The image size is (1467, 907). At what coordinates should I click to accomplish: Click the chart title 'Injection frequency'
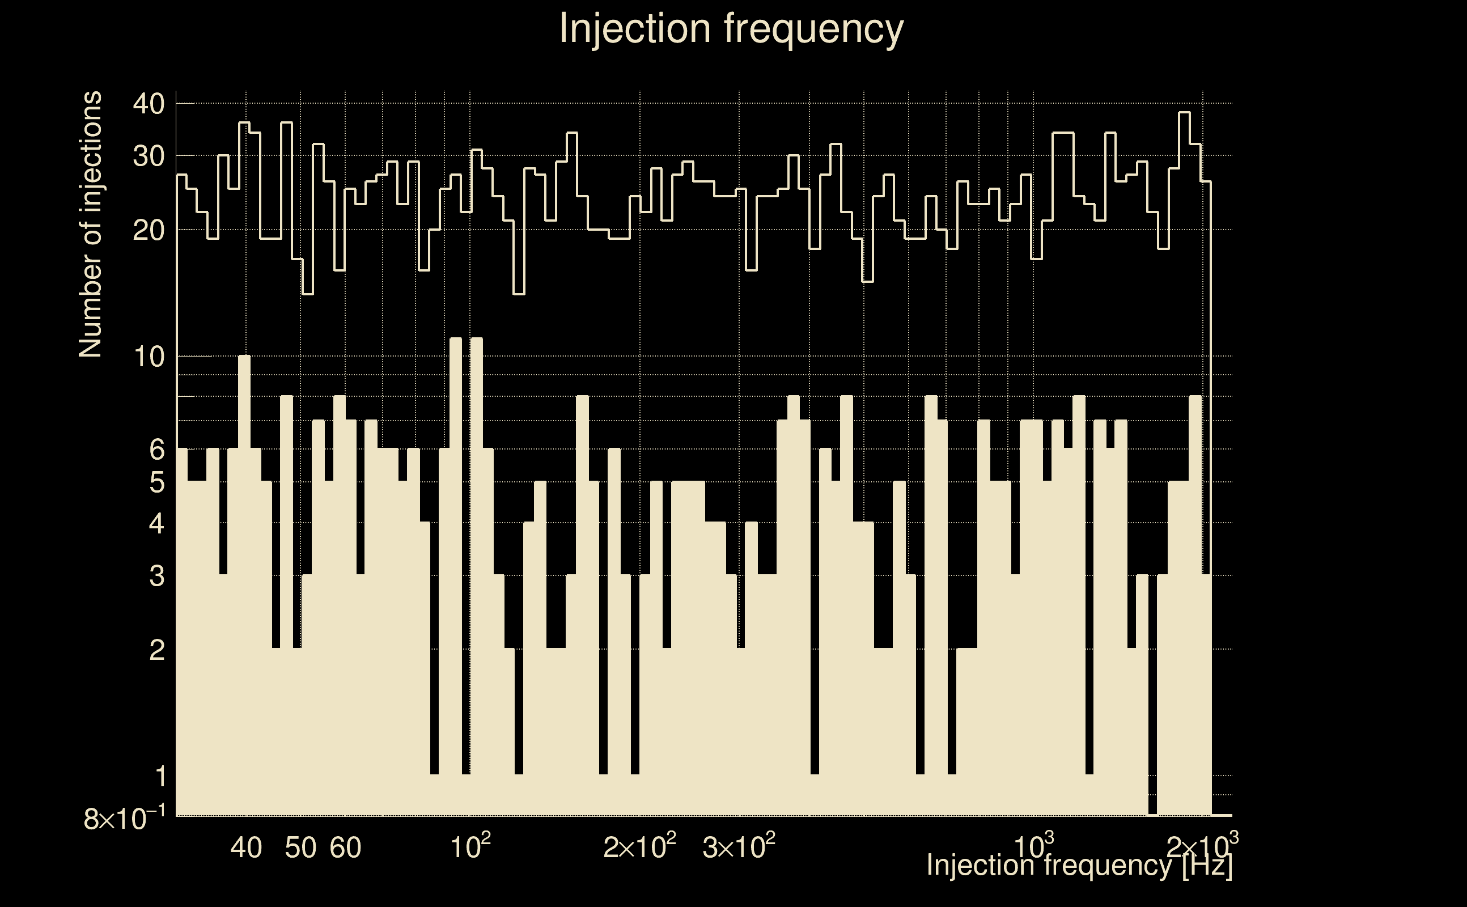coord(731,29)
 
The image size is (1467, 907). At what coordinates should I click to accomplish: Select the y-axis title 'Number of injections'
coord(90,224)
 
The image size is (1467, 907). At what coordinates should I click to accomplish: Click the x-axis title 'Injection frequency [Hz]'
coord(1079,865)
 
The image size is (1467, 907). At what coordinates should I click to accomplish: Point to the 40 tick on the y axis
coord(149,104)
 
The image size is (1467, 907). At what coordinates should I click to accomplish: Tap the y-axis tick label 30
coord(149,156)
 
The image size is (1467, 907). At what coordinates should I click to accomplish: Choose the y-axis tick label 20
coord(149,230)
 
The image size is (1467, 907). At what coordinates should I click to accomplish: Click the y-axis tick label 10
coord(149,358)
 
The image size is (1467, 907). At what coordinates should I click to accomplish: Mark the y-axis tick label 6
coord(156,450)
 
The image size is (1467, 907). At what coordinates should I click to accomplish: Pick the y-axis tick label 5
coord(156,482)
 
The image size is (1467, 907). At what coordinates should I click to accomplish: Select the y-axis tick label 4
coord(156,524)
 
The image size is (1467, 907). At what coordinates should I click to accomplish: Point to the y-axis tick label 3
coord(156,576)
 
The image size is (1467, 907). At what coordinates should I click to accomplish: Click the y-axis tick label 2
coord(156,650)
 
